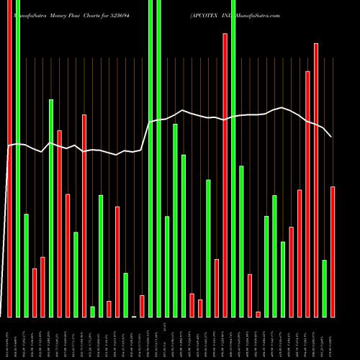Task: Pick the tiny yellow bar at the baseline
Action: coord(134,316)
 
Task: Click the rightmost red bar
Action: coord(333,251)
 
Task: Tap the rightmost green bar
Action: coord(325,288)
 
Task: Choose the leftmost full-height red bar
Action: coord(9,158)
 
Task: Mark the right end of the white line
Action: coord(331,136)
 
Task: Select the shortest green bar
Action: coord(92,311)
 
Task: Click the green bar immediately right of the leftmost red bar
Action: coord(18,158)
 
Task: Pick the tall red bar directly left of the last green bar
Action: coord(316,180)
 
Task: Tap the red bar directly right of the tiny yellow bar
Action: coord(142,306)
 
